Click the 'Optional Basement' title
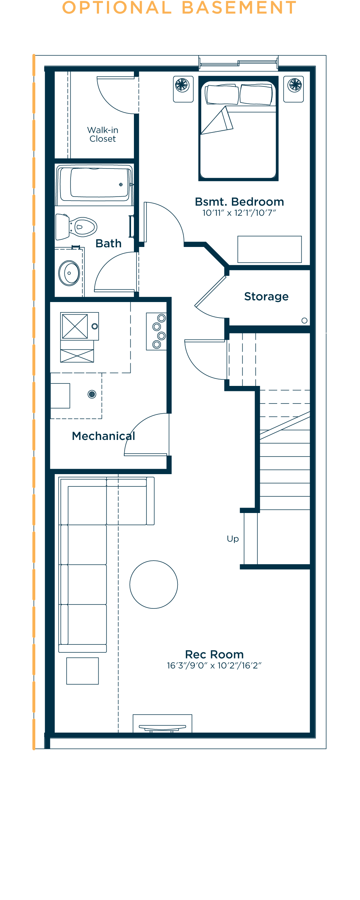click(x=179, y=8)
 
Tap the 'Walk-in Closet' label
click(x=103, y=134)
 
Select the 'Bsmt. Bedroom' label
click(x=239, y=202)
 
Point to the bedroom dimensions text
click(x=239, y=213)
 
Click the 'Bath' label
click(x=108, y=243)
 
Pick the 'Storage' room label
click(x=266, y=296)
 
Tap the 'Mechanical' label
click(x=104, y=436)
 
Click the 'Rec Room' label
click(x=215, y=654)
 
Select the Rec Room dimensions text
click(x=214, y=665)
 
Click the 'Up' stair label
click(x=233, y=539)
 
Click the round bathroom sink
click(x=69, y=273)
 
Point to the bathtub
click(x=94, y=184)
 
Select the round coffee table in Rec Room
click(x=154, y=584)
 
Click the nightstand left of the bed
click(x=183, y=89)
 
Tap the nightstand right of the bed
click(x=293, y=89)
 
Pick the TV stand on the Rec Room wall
click(x=162, y=723)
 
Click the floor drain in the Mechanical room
click(x=92, y=394)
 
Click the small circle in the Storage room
click(x=304, y=320)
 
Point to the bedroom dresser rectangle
click(x=270, y=249)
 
